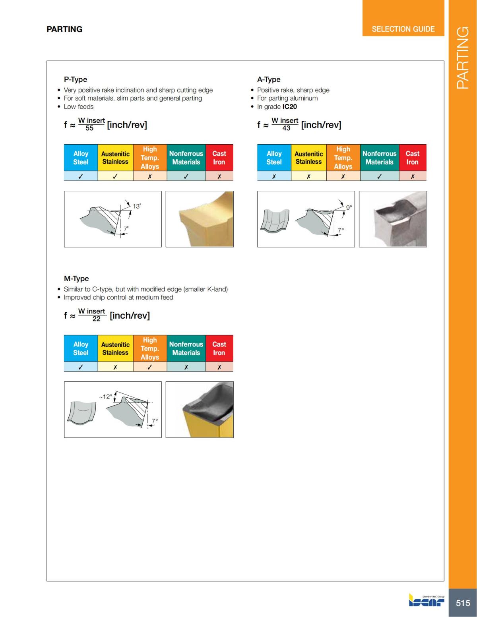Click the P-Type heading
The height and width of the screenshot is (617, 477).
pyautogui.click(x=76, y=79)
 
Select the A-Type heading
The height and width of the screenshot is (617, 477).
pyautogui.click(x=269, y=79)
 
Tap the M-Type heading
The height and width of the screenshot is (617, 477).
pyautogui.click(x=76, y=279)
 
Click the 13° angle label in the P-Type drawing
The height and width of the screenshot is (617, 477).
pyautogui.click(x=137, y=206)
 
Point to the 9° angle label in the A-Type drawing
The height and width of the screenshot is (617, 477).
pyautogui.click(x=349, y=207)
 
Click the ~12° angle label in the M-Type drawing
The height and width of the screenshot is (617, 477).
pyautogui.click(x=105, y=397)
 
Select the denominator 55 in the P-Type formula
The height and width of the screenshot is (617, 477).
pyautogui.click(x=89, y=128)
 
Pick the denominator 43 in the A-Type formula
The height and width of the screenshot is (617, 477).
pyautogui.click(x=286, y=128)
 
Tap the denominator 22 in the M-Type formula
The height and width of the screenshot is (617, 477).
pyautogui.click(x=96, y=319)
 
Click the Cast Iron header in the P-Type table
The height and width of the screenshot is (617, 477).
pyautogui.click(x=219, y=158)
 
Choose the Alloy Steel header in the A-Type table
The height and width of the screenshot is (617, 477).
pyautogui.click(x=274, y=158)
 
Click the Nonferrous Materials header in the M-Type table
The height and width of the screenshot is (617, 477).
pyautogui.click(x=186, y=348)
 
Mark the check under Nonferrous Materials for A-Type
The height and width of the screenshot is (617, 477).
pyautogui.click(x=379, y=176)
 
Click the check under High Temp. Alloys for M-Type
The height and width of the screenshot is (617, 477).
pyautogui.click(x=149, y=367)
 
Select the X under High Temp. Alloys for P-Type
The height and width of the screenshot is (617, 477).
pyautogui.click(x=149, y=176)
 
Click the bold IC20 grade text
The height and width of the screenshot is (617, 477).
pyautogui.click(x=289, y=106)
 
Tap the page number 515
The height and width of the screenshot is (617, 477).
pyautogui.click(x=463, y=603)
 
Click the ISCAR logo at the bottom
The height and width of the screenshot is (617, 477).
pyautogui.click(x=427, y=601)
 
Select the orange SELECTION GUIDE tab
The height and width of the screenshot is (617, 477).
pyautogui.click(x=403, y=29)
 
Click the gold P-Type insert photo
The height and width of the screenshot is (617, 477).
pyautogui.click(x=200, y=219)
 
